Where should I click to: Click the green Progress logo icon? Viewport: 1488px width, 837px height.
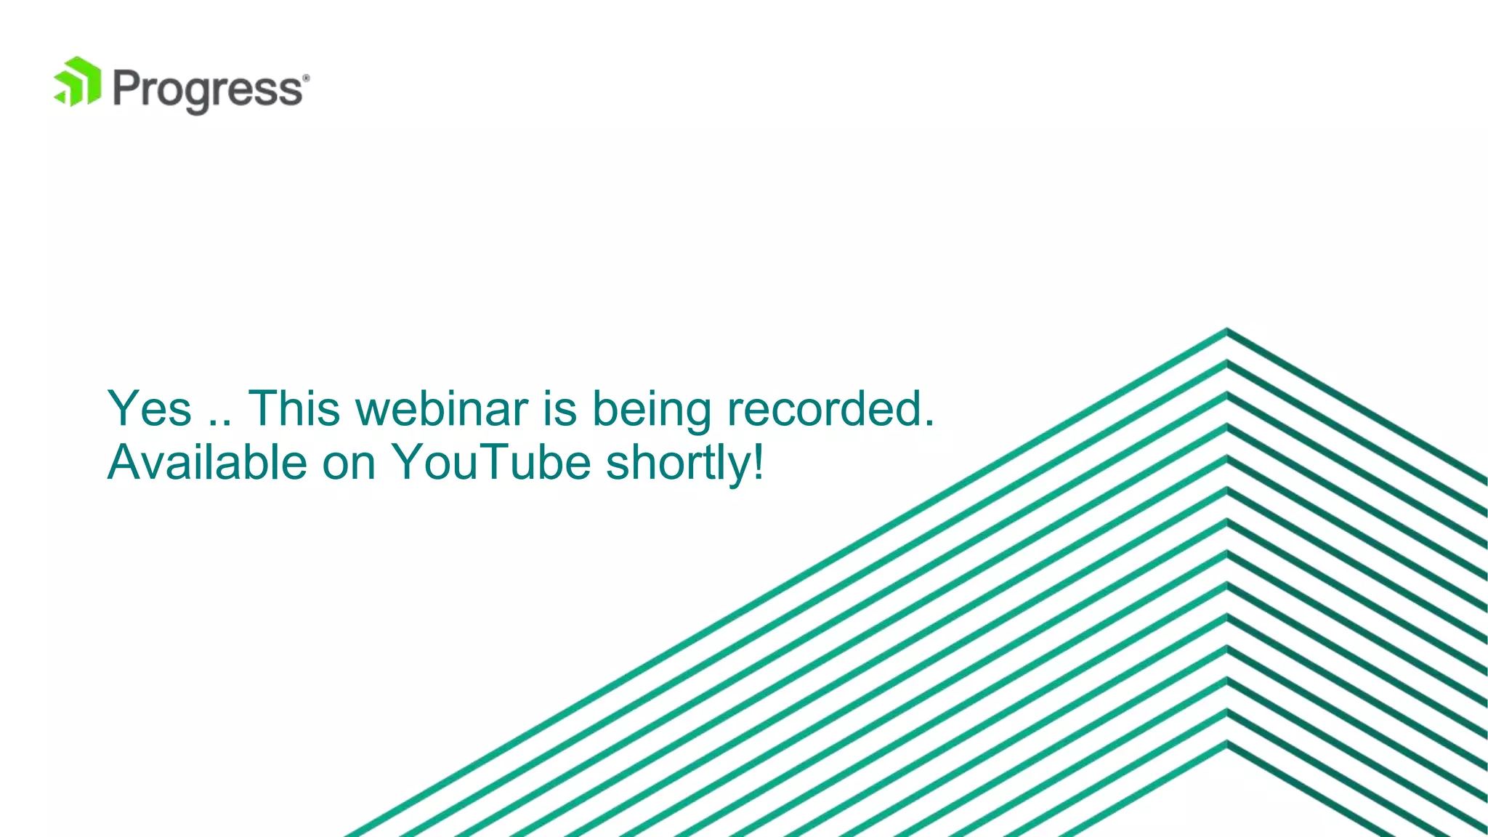pos(77,82)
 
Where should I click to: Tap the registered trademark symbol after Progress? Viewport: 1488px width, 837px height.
pos(306,77)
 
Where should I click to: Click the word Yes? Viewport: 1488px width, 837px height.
pos(150,408)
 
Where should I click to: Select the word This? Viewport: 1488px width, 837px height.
pos(294,408)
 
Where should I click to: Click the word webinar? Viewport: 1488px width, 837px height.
pos(442,408)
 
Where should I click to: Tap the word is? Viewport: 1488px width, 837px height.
pos(560,408)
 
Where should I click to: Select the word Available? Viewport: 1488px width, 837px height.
pos(207,462)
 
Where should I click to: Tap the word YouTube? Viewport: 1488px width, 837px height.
pos(491,462)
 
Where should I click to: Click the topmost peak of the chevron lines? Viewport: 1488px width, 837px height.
pos(1227,331)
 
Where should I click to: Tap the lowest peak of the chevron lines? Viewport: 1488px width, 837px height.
pos(1227,743)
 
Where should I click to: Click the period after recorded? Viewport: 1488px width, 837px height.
pos(929,424)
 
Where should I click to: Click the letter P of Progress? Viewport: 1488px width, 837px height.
pos(127,89)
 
